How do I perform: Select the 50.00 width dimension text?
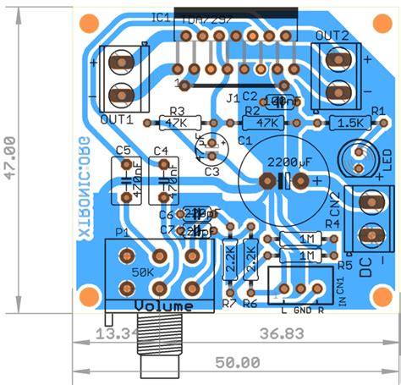pyautogui.click(x=236, y=363)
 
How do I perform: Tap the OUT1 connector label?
pyautogui.click(x=117, y=119)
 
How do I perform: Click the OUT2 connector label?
pyautogui.click(x=332, y=35)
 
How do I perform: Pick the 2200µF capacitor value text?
pyautogui.click(x=288, y=161)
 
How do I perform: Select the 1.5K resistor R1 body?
pyautogui.click(x=349, y=124)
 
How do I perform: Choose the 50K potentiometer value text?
pyautogui.click(x=143, y=272)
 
